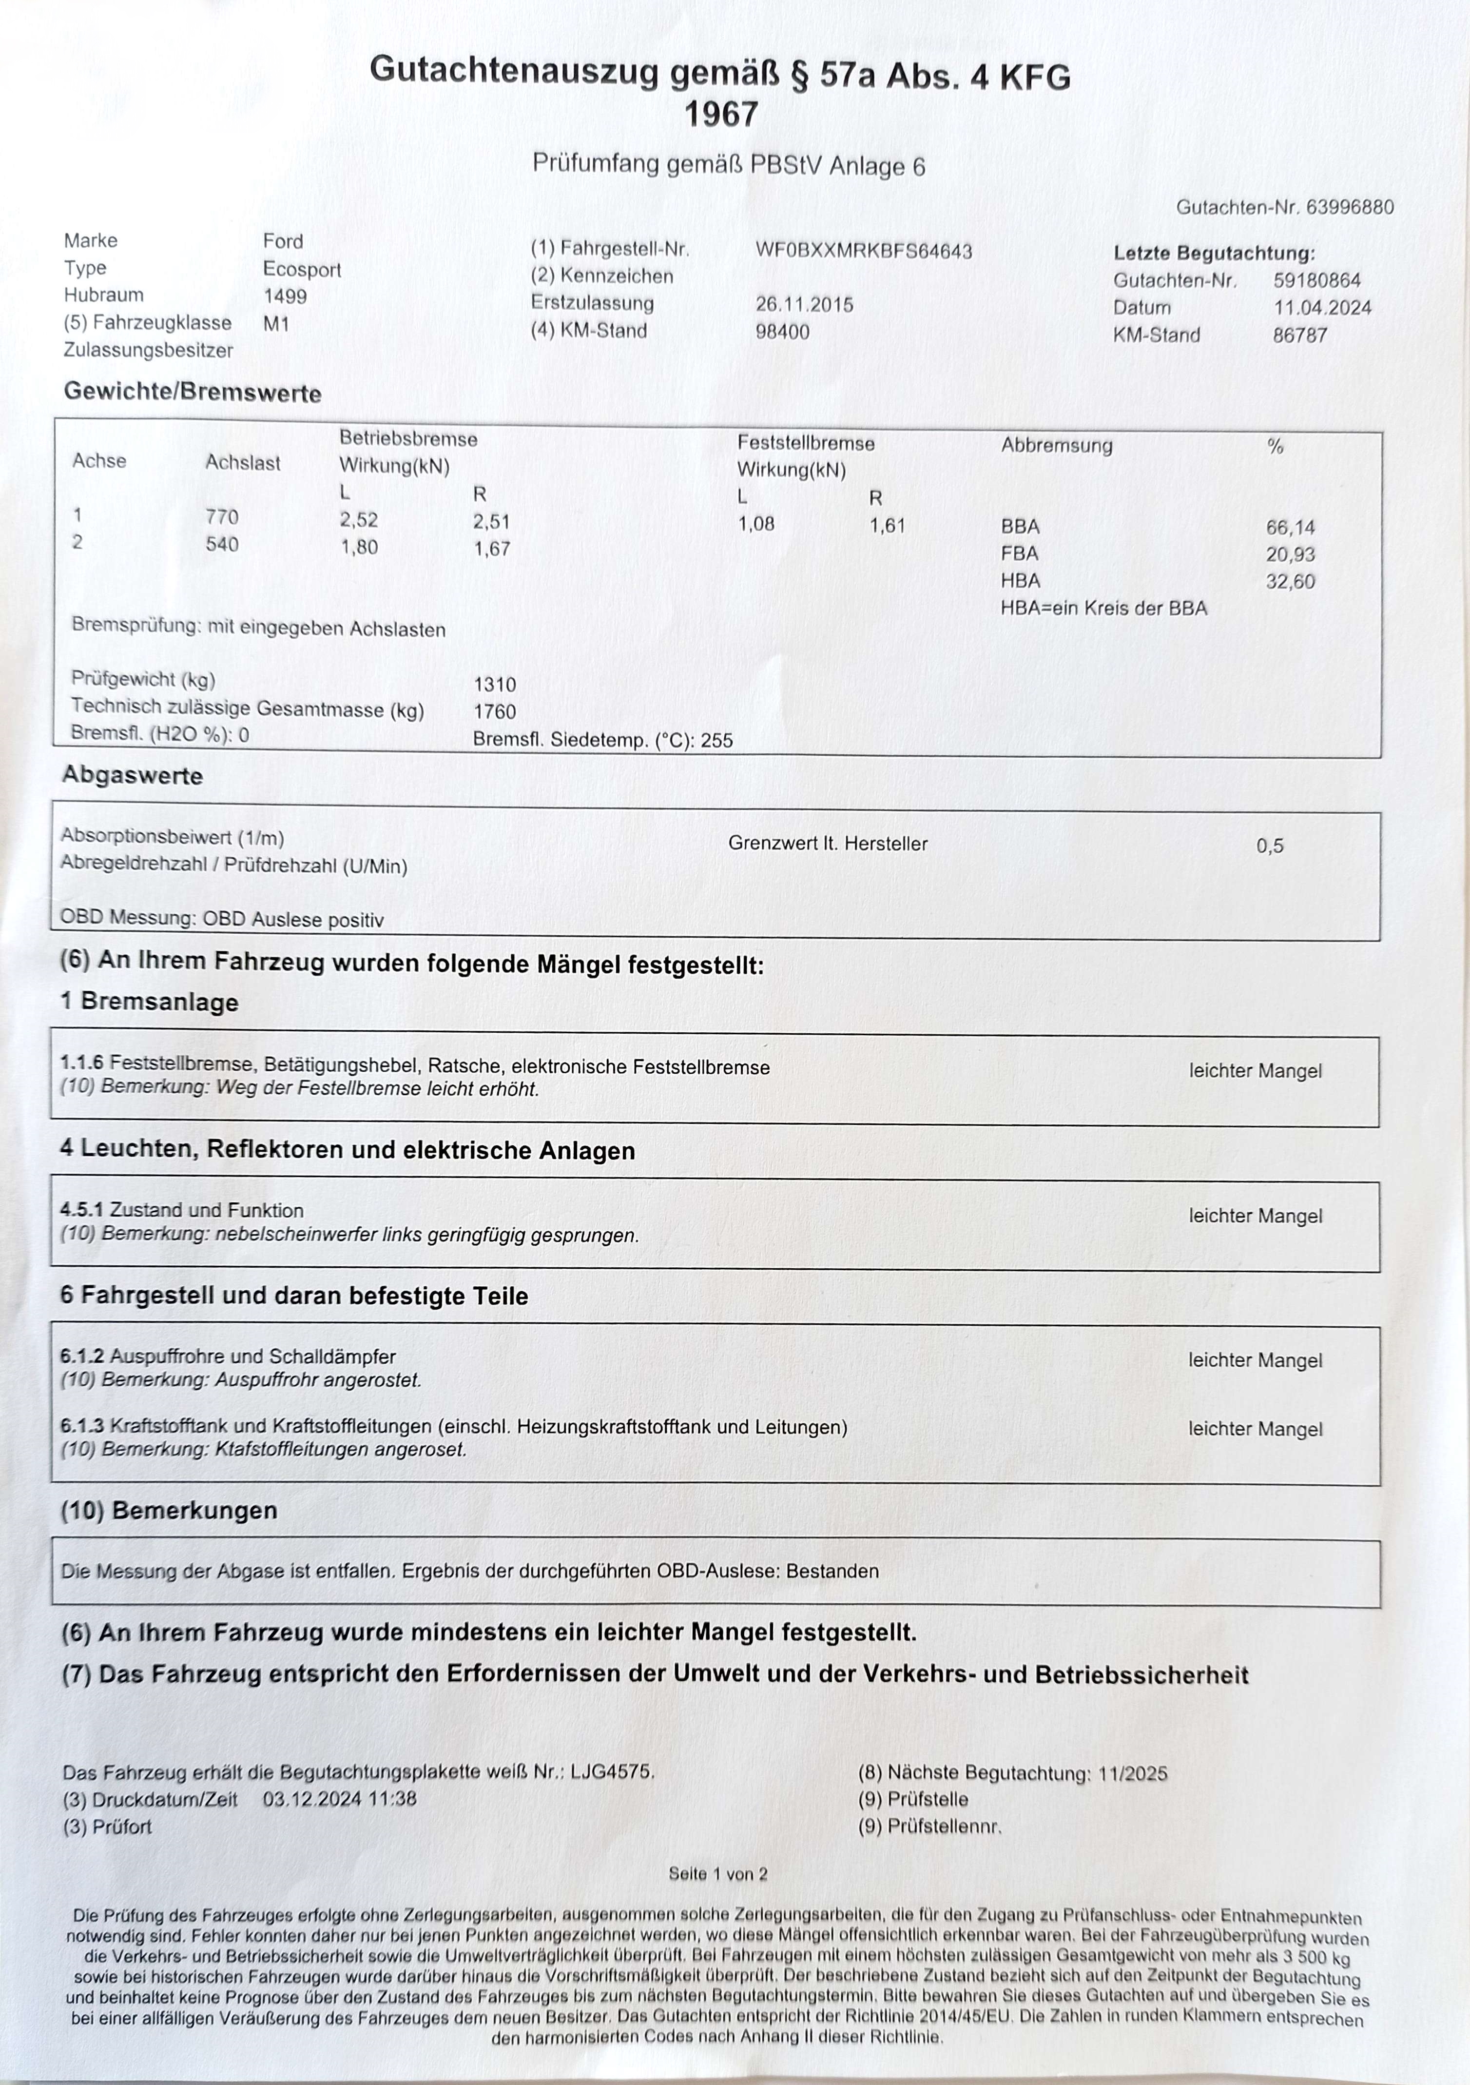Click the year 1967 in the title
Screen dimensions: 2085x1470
tap(721, 115)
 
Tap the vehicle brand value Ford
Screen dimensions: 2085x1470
tap(283, 241)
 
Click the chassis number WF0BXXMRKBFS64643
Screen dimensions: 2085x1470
tap(864, 251)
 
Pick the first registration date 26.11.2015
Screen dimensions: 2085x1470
tap(805, 304)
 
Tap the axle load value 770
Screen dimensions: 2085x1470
tap(222, 517)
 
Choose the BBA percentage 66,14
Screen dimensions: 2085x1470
tap(1290, 527)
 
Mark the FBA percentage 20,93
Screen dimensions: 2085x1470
tap(1290, 554)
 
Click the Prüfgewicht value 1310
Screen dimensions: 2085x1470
tap(495, 685)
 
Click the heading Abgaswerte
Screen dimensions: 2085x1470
tap(133, 775)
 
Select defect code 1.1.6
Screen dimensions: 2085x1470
tap(82, 1062)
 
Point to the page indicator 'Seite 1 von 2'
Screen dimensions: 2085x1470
tap(718, 1873)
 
